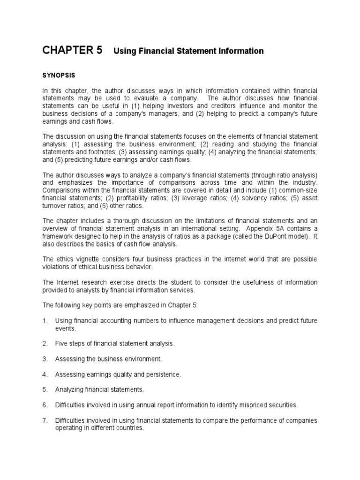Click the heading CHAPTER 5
click(x=72, y=51)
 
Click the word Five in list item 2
click(x=62, y=344)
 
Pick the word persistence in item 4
click(x=162, y=375)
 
